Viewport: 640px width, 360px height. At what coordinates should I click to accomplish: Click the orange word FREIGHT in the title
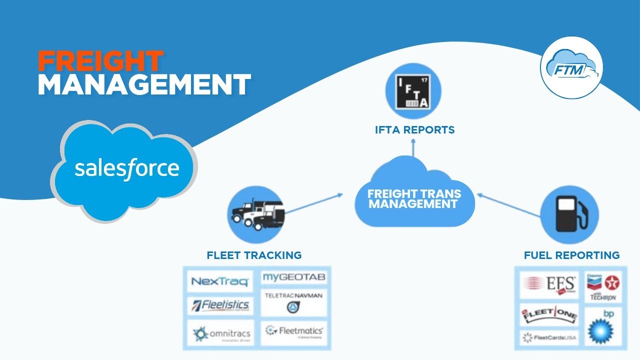pos(100,61)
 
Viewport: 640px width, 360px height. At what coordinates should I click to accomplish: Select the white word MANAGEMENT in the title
pos(144,85)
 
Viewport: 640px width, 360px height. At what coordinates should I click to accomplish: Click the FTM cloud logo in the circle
pos(571,67)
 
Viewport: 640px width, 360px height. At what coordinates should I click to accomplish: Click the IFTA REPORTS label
pos(414,130)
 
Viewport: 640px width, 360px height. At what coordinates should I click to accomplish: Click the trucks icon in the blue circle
pos(255,215)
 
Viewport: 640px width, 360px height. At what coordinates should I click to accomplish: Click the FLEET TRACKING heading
pos(254,255)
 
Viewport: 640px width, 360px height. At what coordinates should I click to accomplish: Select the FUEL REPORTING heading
pos(571,255)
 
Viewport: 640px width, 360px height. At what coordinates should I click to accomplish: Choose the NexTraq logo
pos(219,281)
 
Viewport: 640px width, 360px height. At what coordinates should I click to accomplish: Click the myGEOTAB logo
pos(293,277)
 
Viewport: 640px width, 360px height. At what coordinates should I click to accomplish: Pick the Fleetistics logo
pos(219,304)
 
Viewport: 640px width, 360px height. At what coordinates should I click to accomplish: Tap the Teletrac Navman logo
pos(293,302)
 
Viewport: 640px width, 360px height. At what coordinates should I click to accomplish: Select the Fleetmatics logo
pos(293,332)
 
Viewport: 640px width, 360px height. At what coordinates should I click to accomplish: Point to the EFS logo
pos(549,284)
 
